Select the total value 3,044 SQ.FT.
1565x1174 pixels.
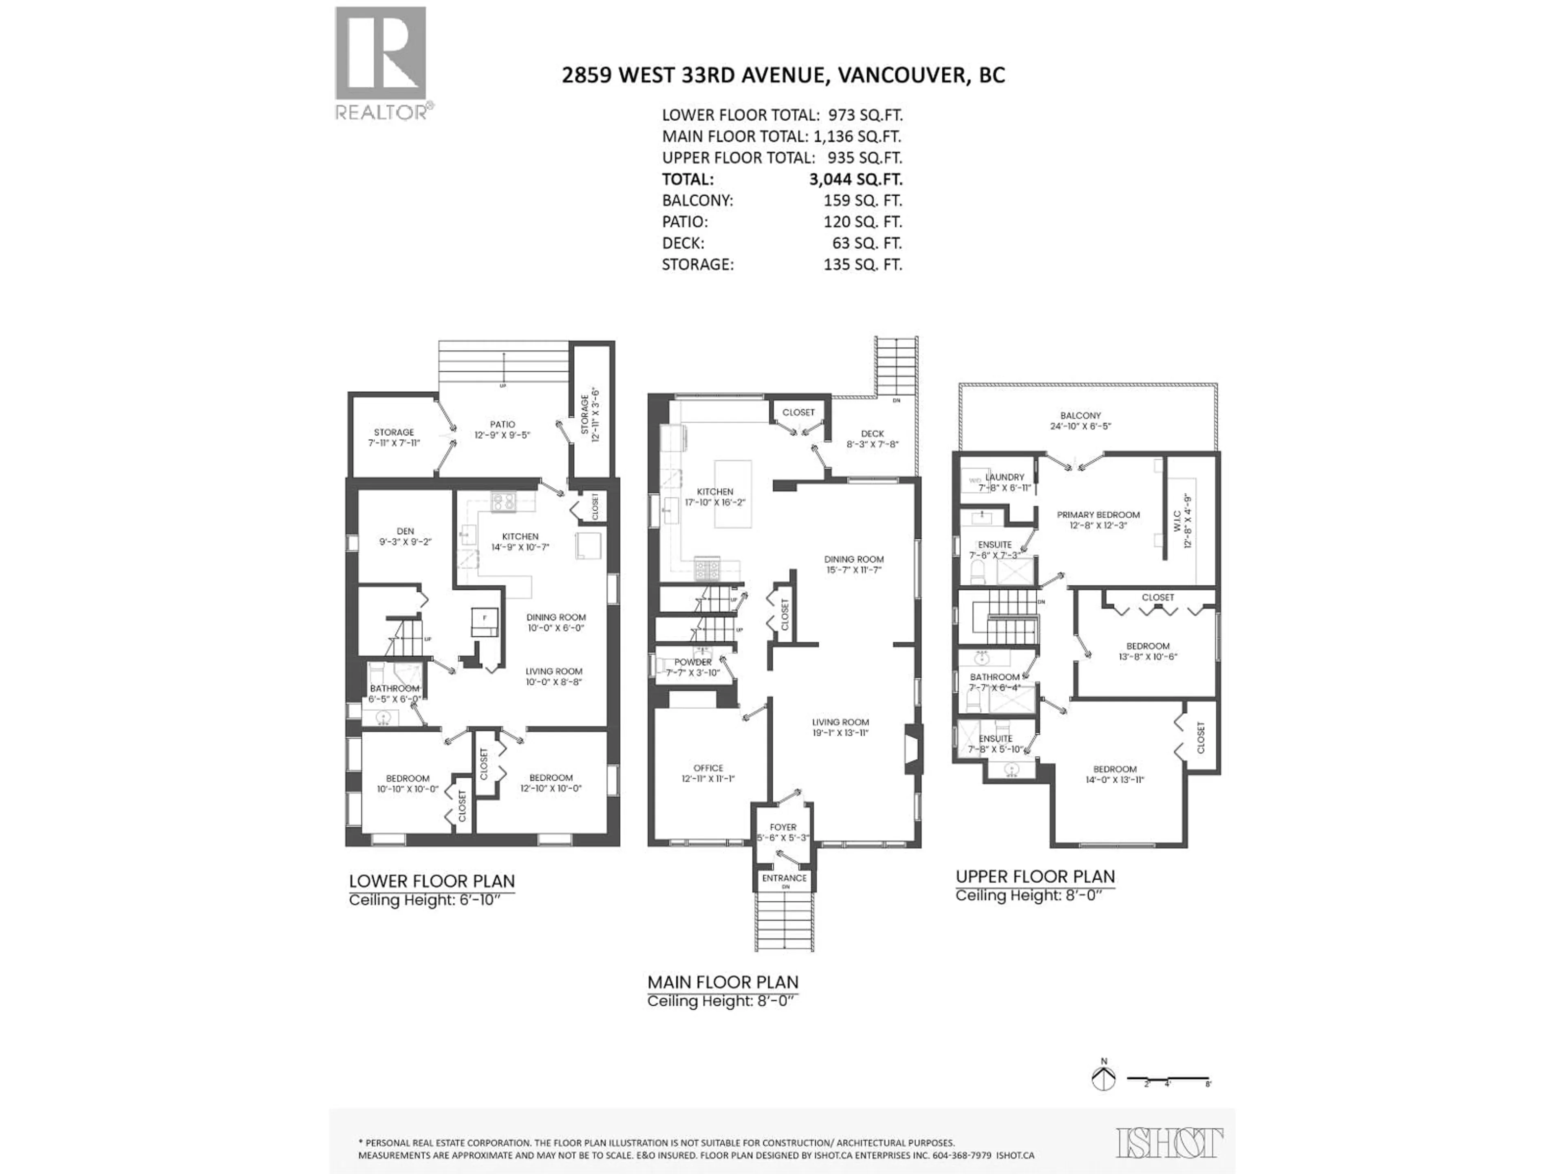point(855,179)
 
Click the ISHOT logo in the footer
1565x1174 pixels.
point(1169,1143)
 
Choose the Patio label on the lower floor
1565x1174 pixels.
point(503,425)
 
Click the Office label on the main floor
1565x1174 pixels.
point(708,768)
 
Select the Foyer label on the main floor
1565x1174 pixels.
point(783,827)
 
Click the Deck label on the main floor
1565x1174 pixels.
point(872,434)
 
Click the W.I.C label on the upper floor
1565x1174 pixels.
point(1177,521)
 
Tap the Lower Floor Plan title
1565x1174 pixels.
point(432,881)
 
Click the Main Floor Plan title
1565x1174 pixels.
point(722,982)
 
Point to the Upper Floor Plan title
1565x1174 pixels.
point(1034,876)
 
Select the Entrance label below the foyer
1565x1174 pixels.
point(784,878)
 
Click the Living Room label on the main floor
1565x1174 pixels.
point(840,722)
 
